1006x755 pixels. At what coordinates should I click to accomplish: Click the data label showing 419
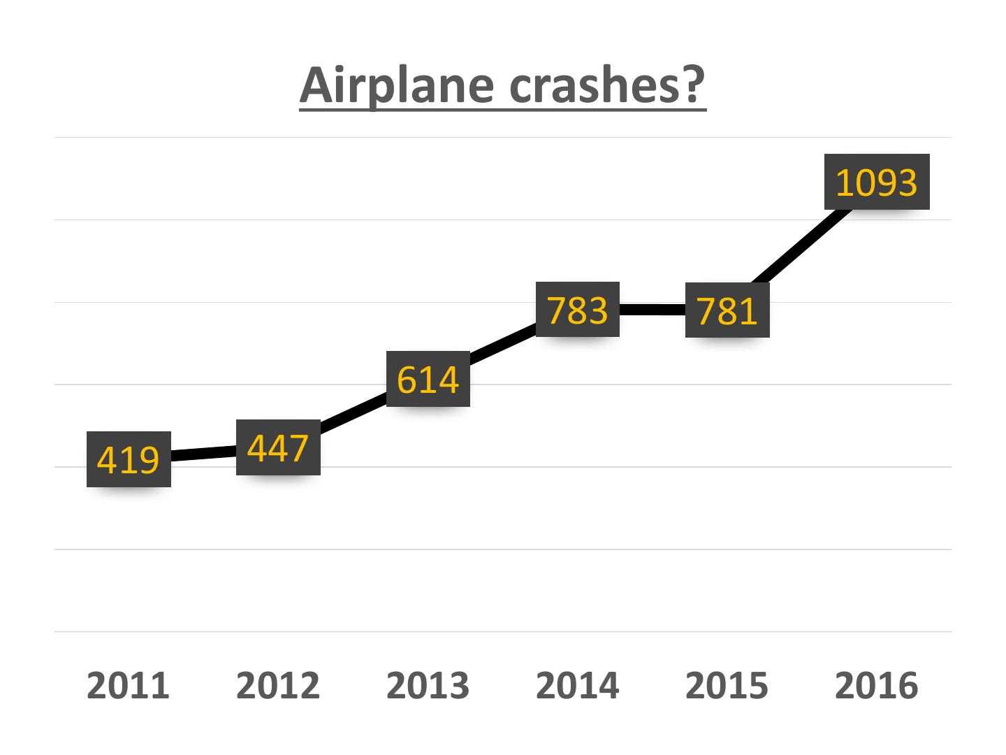[129, 459]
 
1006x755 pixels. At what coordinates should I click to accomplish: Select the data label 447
[278, 447]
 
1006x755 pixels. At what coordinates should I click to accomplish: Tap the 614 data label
[428, 379]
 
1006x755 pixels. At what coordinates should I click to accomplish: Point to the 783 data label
[578, 310]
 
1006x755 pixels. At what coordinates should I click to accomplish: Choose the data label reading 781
[727, 310]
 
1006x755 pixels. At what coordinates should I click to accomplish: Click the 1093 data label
[877, 182]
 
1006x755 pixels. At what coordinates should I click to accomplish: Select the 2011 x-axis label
[129, 685]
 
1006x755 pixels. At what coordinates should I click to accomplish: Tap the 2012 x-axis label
[278, 685]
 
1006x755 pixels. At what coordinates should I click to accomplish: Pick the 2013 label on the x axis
[428, 685]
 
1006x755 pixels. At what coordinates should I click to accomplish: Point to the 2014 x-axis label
[578, 685]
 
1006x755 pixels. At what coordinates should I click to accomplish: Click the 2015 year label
[727, 685]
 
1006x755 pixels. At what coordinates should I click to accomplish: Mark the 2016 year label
[877, 685]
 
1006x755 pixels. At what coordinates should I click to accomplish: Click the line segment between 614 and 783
[503, 345]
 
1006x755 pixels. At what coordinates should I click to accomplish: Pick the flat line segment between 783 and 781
[653, 310]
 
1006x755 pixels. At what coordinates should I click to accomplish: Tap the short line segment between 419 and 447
[203, 453]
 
